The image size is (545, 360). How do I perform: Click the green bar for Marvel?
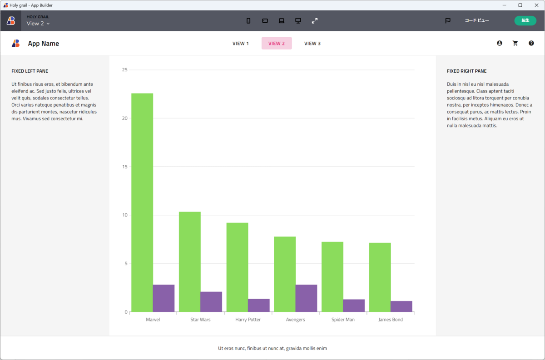coord(142,202)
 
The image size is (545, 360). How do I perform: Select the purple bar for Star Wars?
coord(211,302)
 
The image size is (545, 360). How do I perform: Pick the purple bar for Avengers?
coord(306,298)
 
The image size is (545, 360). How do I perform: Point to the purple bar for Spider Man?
coord(354,306)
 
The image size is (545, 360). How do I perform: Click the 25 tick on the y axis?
coord(125,70)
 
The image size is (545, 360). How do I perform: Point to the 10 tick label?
coord(125,215)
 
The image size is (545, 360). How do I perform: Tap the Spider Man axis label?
coord(343,320)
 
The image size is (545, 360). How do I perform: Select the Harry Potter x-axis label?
coord(248,320)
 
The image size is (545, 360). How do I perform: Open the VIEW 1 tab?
coord(241,44)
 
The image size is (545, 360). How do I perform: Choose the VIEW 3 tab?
coord(312,44)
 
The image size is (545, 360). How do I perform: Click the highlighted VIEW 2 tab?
coord(277,44)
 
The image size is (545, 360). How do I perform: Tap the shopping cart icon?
coord(515,43)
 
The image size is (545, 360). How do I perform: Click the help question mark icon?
coord(531,43)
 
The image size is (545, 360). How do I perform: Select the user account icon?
coord(500,43)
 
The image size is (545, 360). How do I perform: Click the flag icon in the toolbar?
coord(448,20)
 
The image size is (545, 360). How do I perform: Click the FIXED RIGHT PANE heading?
coord(466,71)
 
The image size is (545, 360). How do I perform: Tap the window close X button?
coord(535,5)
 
